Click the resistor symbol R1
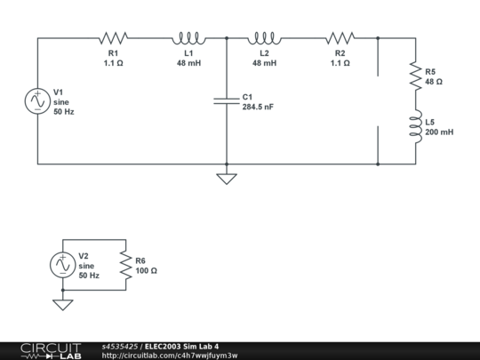113,38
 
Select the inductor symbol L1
188,38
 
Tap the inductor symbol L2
264,38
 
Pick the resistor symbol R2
340,38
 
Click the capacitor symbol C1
227,101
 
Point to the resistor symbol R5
415,76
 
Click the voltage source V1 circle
37,101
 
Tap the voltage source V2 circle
63,265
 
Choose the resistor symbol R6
126,265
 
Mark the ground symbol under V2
63,304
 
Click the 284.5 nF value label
258,107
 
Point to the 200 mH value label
439,132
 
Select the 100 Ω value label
145,270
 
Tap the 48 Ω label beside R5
434,81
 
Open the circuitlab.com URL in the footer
170,355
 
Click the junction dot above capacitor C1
227,38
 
